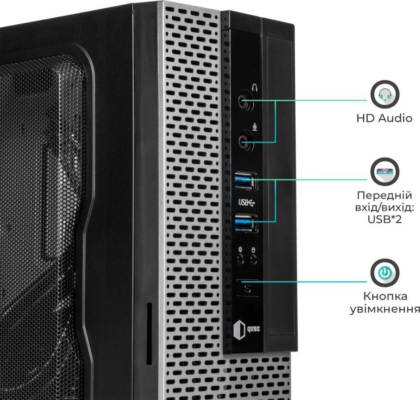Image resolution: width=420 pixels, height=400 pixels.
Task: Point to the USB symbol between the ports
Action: tap(247, 203)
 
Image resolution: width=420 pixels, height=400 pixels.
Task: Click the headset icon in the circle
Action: tap(385, 95)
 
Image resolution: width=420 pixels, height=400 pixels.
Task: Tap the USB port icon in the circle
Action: tap(385, 172)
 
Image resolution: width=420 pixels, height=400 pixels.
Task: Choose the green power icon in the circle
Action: tap(385, 273)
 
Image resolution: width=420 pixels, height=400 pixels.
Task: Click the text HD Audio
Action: tap(384, 118)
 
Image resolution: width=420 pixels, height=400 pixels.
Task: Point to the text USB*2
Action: tap(385, 219)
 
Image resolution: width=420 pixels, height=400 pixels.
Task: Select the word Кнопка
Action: tap(385, 296)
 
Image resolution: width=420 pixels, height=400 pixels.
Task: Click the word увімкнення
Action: tap(385, 309)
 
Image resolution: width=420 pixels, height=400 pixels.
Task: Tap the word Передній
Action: tap(384, 195)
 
